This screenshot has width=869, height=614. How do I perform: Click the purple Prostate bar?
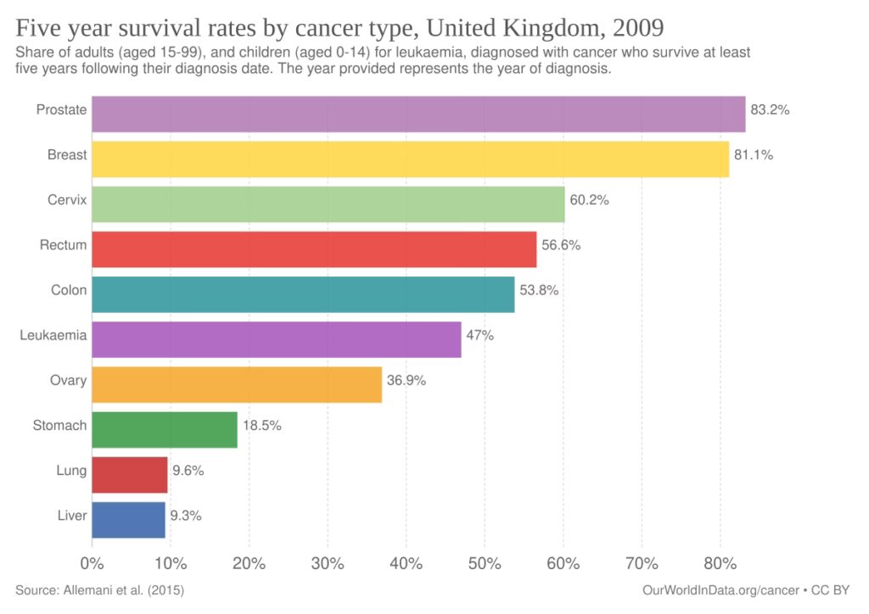coord(418,114)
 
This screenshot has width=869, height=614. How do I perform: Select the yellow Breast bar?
coord(410,159)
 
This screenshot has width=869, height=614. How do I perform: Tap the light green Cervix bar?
coord(328,204)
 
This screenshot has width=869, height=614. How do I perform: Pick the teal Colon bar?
coord(303,294)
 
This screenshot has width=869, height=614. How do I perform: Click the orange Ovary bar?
coord(237,384)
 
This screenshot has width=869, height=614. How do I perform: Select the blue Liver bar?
coord(128,520)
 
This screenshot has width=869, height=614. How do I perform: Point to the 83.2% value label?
coord(770,110)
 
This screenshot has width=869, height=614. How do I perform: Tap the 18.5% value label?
coord(262,425)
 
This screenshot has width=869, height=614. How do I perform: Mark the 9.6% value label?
coord(187,470)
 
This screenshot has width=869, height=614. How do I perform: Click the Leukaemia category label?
coord(53,335)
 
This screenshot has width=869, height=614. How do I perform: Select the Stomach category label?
coord(59,425)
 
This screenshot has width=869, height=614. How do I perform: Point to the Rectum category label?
coord(64,245)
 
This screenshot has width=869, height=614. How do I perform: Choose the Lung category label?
coord(71,470)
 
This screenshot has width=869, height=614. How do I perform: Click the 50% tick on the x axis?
coord(484,564)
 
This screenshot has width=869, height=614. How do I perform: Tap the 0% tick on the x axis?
coord(91,564)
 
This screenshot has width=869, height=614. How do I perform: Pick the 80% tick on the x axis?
coord(720,564)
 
